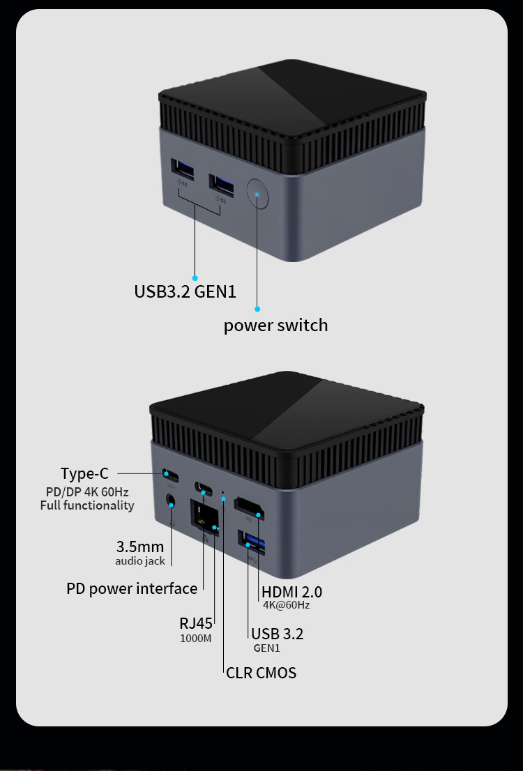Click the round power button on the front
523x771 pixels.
tap(257, 192)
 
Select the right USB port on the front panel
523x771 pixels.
tap(222, 185)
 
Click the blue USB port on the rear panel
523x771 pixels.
tap(251, 542)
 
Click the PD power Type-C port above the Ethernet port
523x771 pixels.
tap(204, 488)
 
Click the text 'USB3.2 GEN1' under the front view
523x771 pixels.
tap(185, 291)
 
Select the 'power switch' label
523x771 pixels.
tap(275, 326)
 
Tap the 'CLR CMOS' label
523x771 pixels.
tap(261, 673)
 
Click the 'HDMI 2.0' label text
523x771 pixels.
tap(291, 593)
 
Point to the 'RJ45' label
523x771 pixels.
tap(195, 623)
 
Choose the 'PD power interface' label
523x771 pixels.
tap(132, 589)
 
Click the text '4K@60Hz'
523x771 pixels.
tap(286, 605)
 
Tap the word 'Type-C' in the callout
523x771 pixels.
tap(84, 474)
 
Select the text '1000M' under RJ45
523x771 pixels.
tap(195, 638)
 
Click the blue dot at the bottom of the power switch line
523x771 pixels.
tap(257, 309)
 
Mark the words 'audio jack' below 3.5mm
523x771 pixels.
tap(139, 561)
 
